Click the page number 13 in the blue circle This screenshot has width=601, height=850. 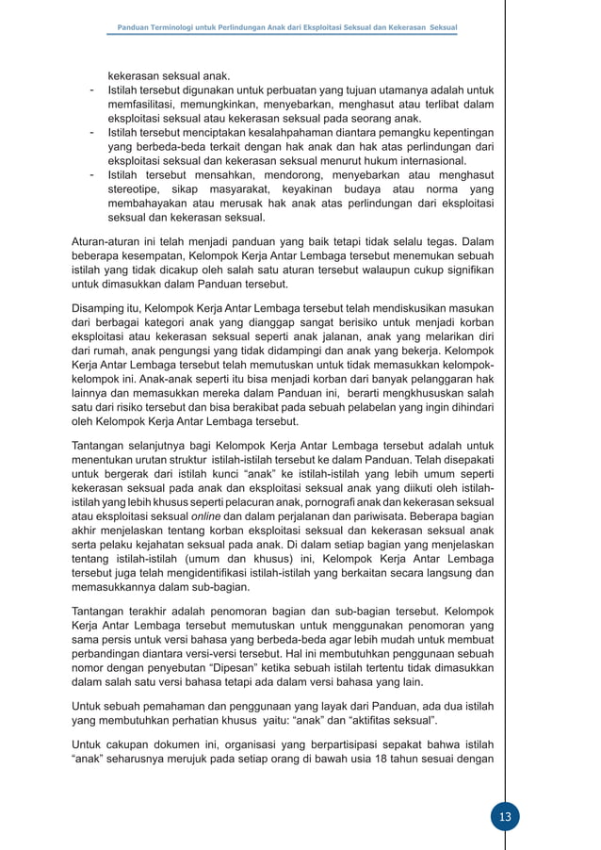[x=505, y=816]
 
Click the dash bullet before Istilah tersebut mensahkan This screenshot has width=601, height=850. [x=90, y=175]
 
